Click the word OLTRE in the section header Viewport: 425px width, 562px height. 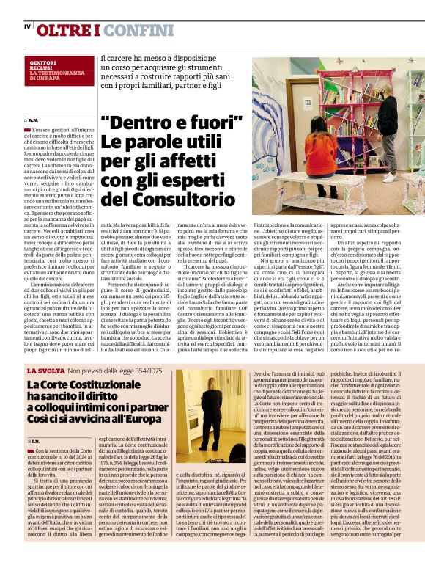coord(65,30)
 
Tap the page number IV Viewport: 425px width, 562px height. coord(27,28)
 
